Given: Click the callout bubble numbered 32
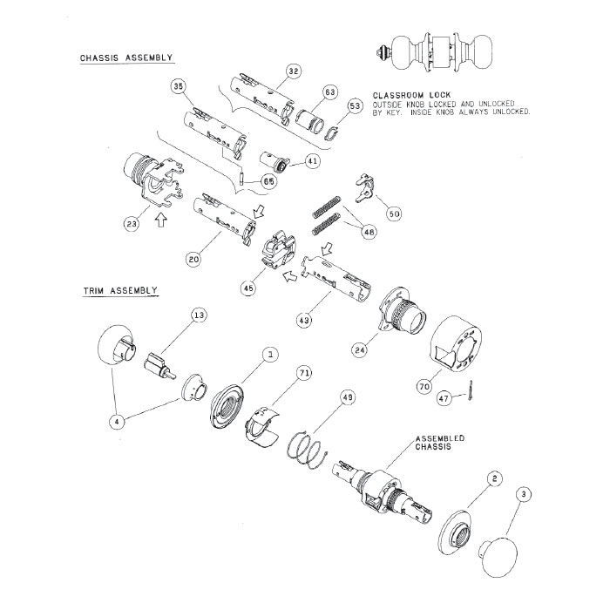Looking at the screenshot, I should click(x=293, y=71).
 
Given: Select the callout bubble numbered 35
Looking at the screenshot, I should click(x=179, y=87).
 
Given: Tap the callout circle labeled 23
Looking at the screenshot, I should click(x=131, y=224).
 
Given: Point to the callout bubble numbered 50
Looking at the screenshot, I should click(x=393, y=213).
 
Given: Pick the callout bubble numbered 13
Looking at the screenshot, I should click(x=199, y=315).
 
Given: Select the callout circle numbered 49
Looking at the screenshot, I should click(x=348, y=397).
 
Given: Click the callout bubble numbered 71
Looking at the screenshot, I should click(x=305, y=373).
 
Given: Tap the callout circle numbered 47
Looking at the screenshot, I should click(x=444, y=397).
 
